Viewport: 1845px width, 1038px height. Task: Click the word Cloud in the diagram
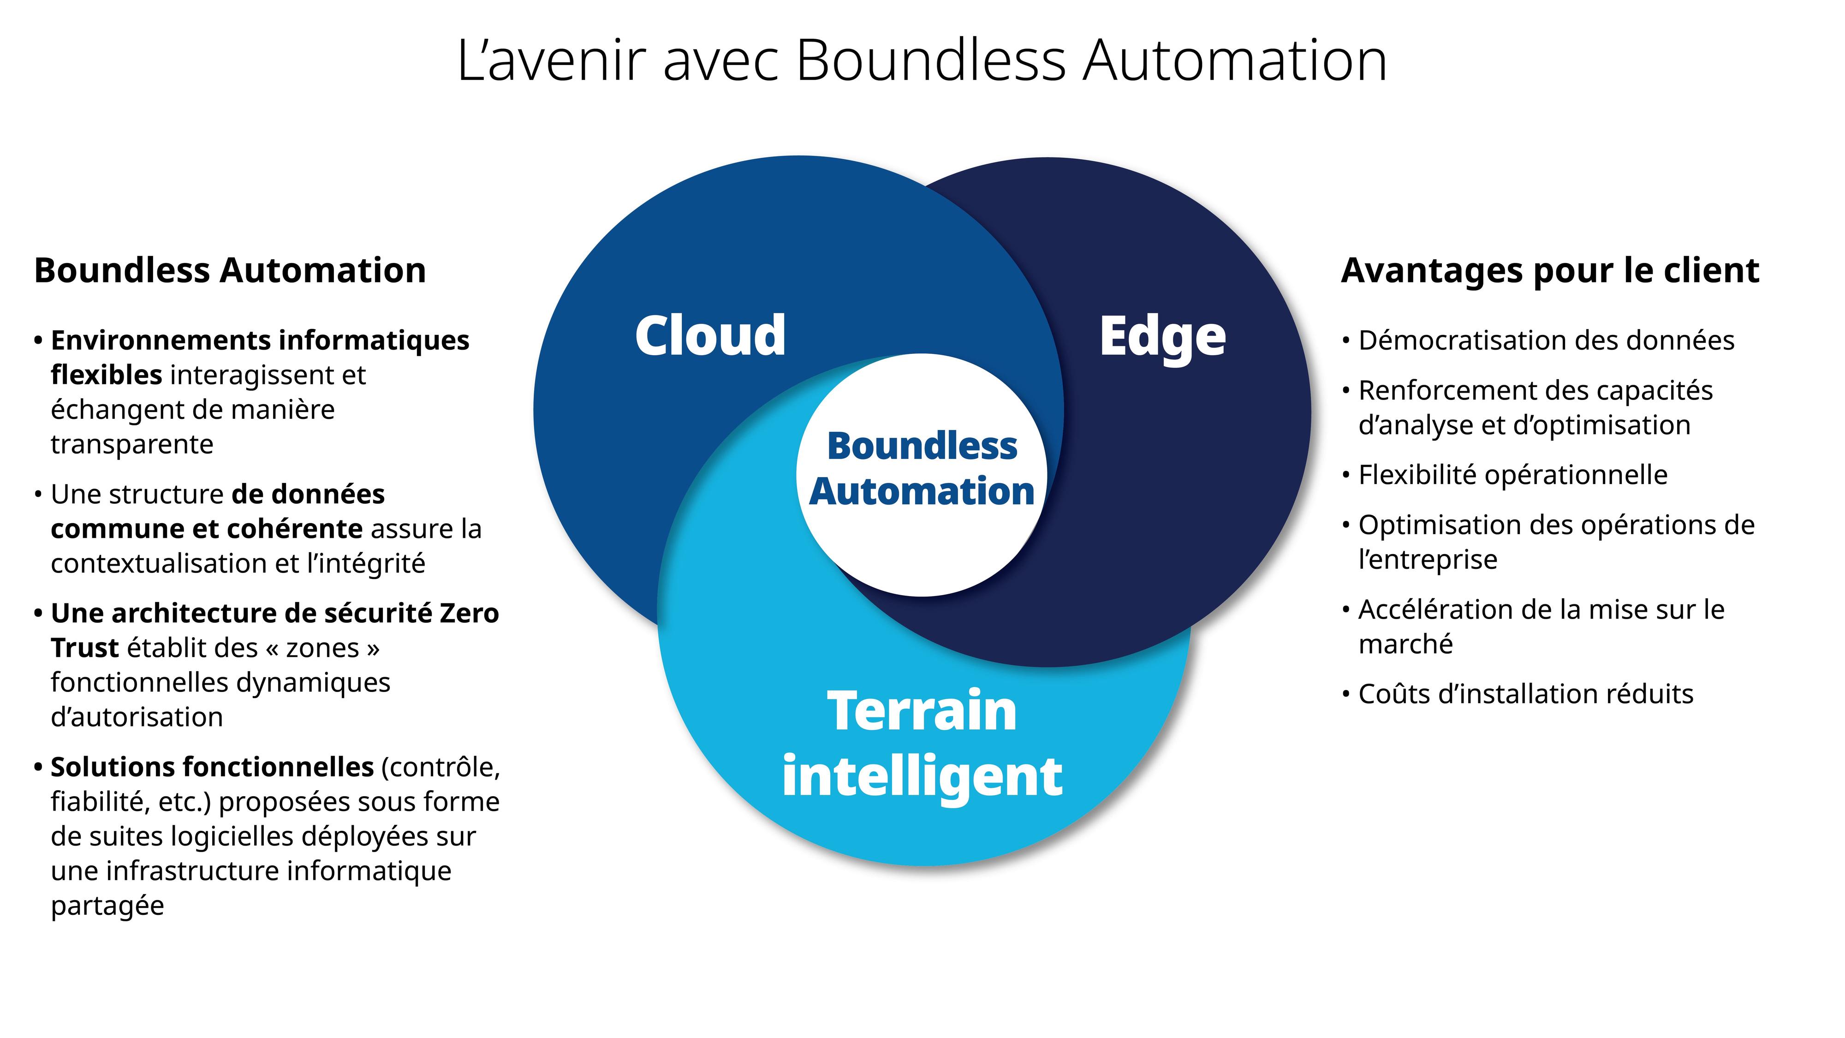(710, 335)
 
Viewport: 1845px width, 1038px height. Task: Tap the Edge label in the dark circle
(1162, 337)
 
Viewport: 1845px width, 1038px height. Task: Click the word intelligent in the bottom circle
(922, 776)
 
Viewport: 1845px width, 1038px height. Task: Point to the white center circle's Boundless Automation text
(922, 469)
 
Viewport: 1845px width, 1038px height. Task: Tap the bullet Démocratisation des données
(1546, 340)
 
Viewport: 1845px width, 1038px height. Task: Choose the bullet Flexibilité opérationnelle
(1513, 475)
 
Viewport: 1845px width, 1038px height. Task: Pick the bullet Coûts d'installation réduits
(1525, 694)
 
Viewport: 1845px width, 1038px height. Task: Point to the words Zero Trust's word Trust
(84, 648)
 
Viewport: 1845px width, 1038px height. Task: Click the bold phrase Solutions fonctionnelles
(212, 767)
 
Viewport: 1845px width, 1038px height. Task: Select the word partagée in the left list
(107, 906)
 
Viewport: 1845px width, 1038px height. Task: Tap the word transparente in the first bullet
(132, 445)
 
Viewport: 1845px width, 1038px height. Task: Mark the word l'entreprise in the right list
(1428, 560)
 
